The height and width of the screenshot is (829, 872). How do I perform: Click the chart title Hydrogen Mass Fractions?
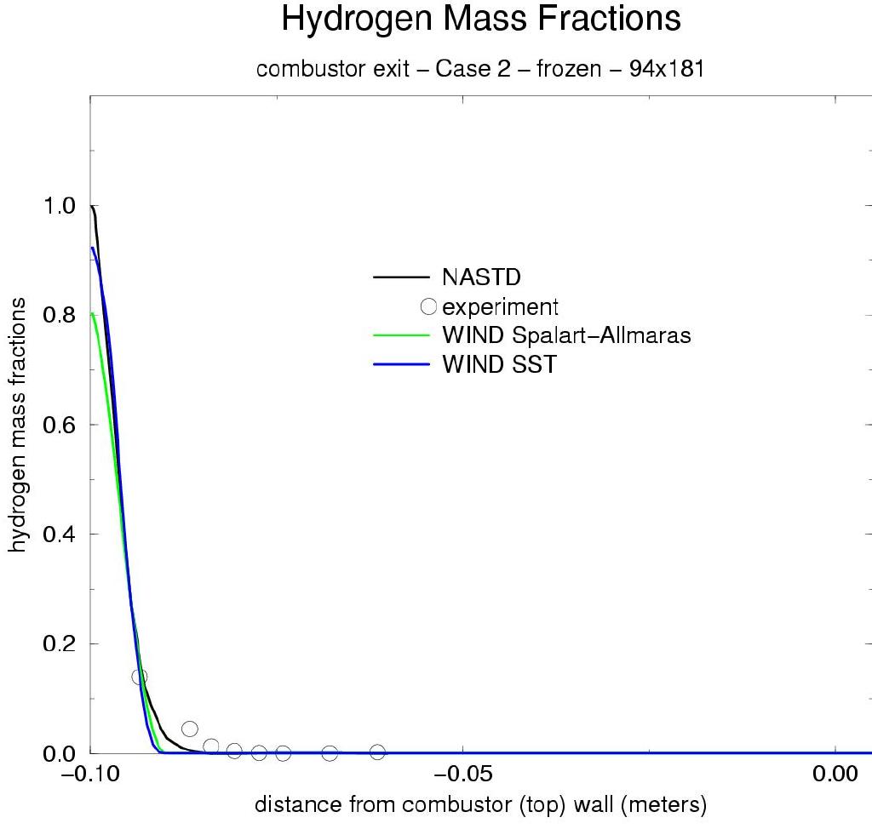click(x=480, y=19)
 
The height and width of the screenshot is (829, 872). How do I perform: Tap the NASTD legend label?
click(x=481, y=277)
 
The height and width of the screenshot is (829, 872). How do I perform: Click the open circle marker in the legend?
click(x=428, y=306)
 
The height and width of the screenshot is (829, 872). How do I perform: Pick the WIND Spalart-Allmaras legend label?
click(x=565, y=335)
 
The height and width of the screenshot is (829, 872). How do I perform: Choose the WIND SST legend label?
click(x=498, y=365)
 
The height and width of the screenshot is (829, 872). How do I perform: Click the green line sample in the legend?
click(x=400, y=335)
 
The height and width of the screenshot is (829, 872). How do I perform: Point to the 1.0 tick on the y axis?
click(x=59, y=206)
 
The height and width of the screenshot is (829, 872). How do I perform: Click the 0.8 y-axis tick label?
click(x=59, y=316)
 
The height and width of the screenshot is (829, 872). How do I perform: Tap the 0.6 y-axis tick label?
click(x=59, y=425)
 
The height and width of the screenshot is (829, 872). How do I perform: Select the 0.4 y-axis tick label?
click(x=59, y=535)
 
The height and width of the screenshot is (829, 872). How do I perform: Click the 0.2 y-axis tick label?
click(x=59, y=644)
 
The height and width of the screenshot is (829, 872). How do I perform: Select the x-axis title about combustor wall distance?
click(x=480, y=804)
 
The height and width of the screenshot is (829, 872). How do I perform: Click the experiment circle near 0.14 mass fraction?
click(x=140, y=677)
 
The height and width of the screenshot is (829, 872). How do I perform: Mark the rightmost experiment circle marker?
click(x=377, y=752)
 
